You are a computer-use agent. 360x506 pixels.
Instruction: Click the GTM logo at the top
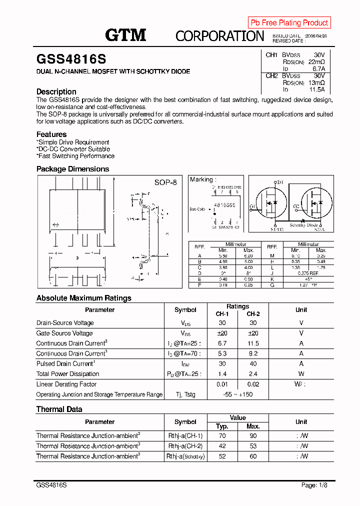(125, 35)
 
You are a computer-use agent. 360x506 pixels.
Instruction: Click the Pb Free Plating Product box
(289, 22)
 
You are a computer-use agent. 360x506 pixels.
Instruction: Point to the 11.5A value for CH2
(316, 89)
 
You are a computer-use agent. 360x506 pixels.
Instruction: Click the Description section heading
(56, 91)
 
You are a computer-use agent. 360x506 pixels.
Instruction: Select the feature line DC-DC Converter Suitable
(73, 149)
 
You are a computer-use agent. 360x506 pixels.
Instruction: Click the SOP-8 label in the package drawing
(165, 182)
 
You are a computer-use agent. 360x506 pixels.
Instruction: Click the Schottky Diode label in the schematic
(304, 225)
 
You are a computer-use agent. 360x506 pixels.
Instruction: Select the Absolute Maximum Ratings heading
(84, 298)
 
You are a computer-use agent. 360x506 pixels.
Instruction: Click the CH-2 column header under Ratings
(253, 313)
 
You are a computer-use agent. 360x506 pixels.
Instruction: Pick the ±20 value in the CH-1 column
(222, 333)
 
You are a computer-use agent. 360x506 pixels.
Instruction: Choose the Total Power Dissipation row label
(67, 374)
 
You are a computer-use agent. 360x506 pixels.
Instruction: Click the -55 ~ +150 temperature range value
(238, 394)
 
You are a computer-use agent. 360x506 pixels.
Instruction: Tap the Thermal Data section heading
(59, 409)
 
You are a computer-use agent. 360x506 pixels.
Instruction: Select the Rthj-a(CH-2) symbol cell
(185, 446)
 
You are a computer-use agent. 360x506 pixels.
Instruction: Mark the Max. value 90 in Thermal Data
(253, 436)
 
